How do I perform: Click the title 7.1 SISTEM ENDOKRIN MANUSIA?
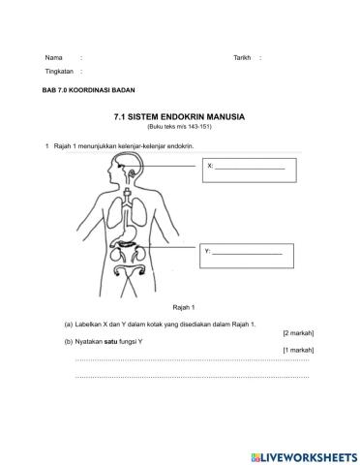pyautogui.click(x=179, y=116)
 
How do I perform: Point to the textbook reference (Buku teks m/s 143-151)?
pyautogui.click(x=179, y=126)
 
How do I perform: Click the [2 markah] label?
pyautogui.click(x=297, y=332)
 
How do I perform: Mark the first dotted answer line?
pyautogui.click(x=191, y=360)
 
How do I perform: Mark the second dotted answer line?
pyautogui.click(x=191, y=374)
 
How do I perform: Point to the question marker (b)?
pyautogui.click(x=69, y=341)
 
